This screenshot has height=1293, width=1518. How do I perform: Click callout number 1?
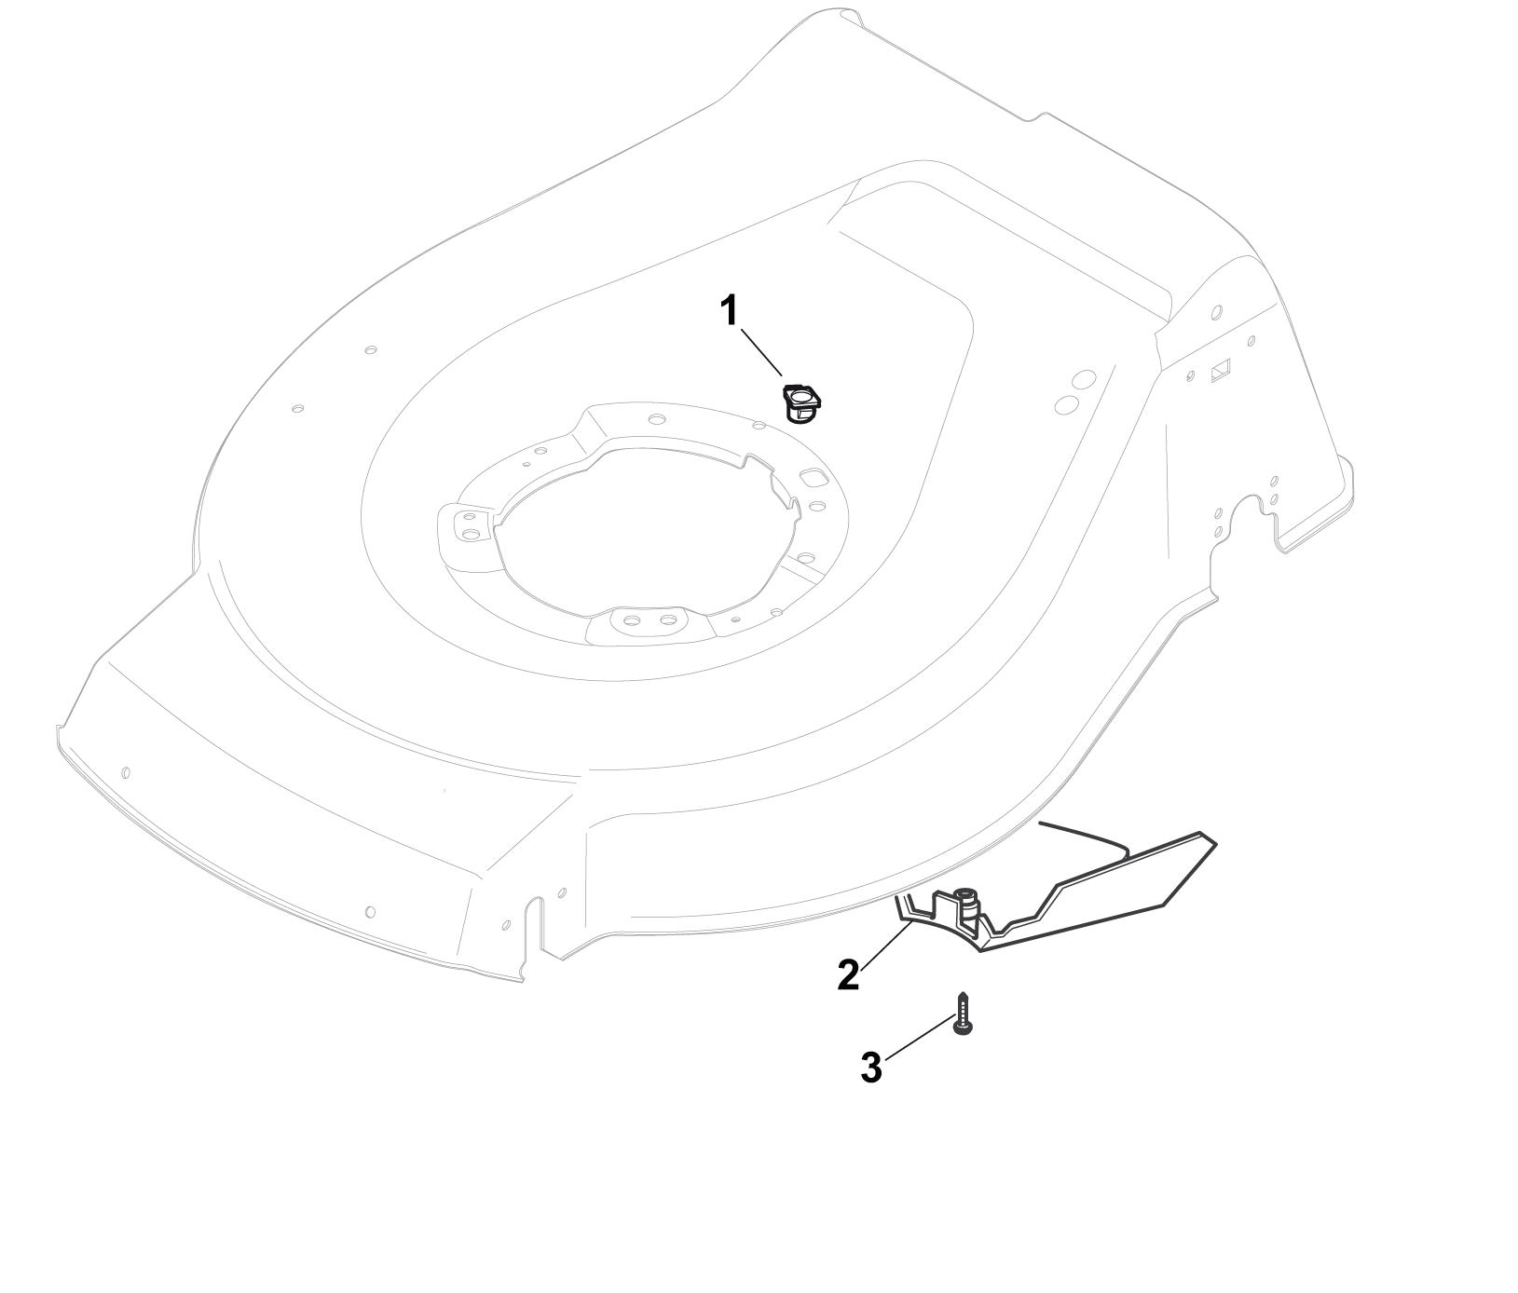click(731, 311)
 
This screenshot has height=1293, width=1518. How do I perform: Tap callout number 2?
click(848, 974)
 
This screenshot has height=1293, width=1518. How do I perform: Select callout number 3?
click(870, 1068)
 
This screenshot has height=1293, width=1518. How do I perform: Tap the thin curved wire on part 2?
click(1086, 836)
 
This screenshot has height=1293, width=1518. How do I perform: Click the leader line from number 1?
click(761, 352)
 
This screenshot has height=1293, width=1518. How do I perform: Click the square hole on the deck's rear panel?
click(1221, 371)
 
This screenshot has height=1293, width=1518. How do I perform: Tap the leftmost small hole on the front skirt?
click(125, 772)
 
